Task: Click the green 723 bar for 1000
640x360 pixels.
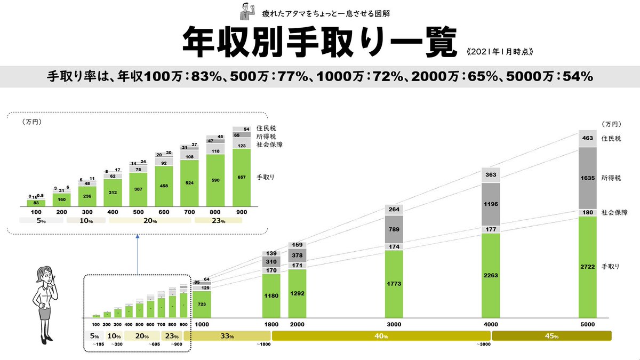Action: [202, 303]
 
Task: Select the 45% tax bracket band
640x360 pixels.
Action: [551, 336]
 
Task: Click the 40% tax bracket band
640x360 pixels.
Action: [381, 336]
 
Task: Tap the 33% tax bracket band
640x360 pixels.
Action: [227, 336]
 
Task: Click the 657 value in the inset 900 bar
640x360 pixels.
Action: [242, 177]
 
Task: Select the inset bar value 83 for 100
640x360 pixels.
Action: [36, 203]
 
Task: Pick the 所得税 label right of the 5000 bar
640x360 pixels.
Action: [612, 178]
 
